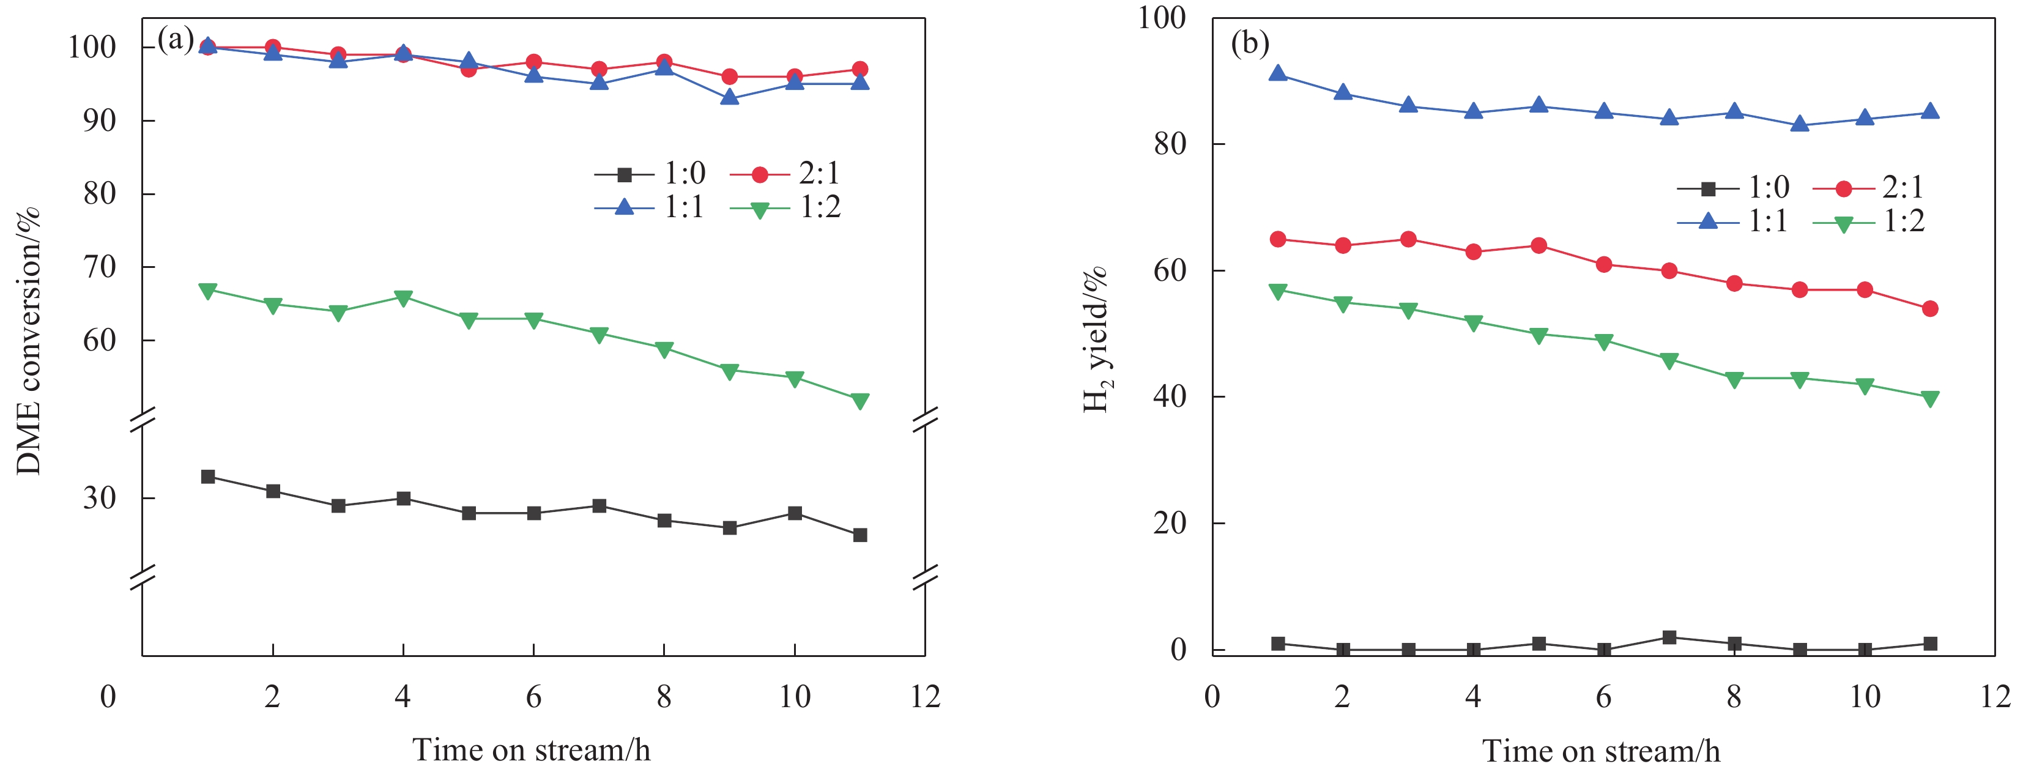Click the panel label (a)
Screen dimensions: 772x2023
175,39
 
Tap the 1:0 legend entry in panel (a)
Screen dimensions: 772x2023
650,173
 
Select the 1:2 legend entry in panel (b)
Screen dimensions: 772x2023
1869,222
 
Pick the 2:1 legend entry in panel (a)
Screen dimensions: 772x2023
785,173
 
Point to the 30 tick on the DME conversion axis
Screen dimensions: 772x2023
100,498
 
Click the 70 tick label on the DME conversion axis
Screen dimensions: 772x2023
100,267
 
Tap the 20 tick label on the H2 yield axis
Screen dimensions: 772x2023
1170,523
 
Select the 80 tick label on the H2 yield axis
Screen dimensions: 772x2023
1170,144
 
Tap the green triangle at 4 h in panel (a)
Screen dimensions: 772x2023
404,299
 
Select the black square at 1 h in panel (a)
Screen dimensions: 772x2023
208,477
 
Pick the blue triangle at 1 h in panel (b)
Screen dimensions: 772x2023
1278,74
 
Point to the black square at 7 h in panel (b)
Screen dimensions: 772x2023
1669,637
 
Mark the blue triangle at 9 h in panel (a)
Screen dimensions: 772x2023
730,98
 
